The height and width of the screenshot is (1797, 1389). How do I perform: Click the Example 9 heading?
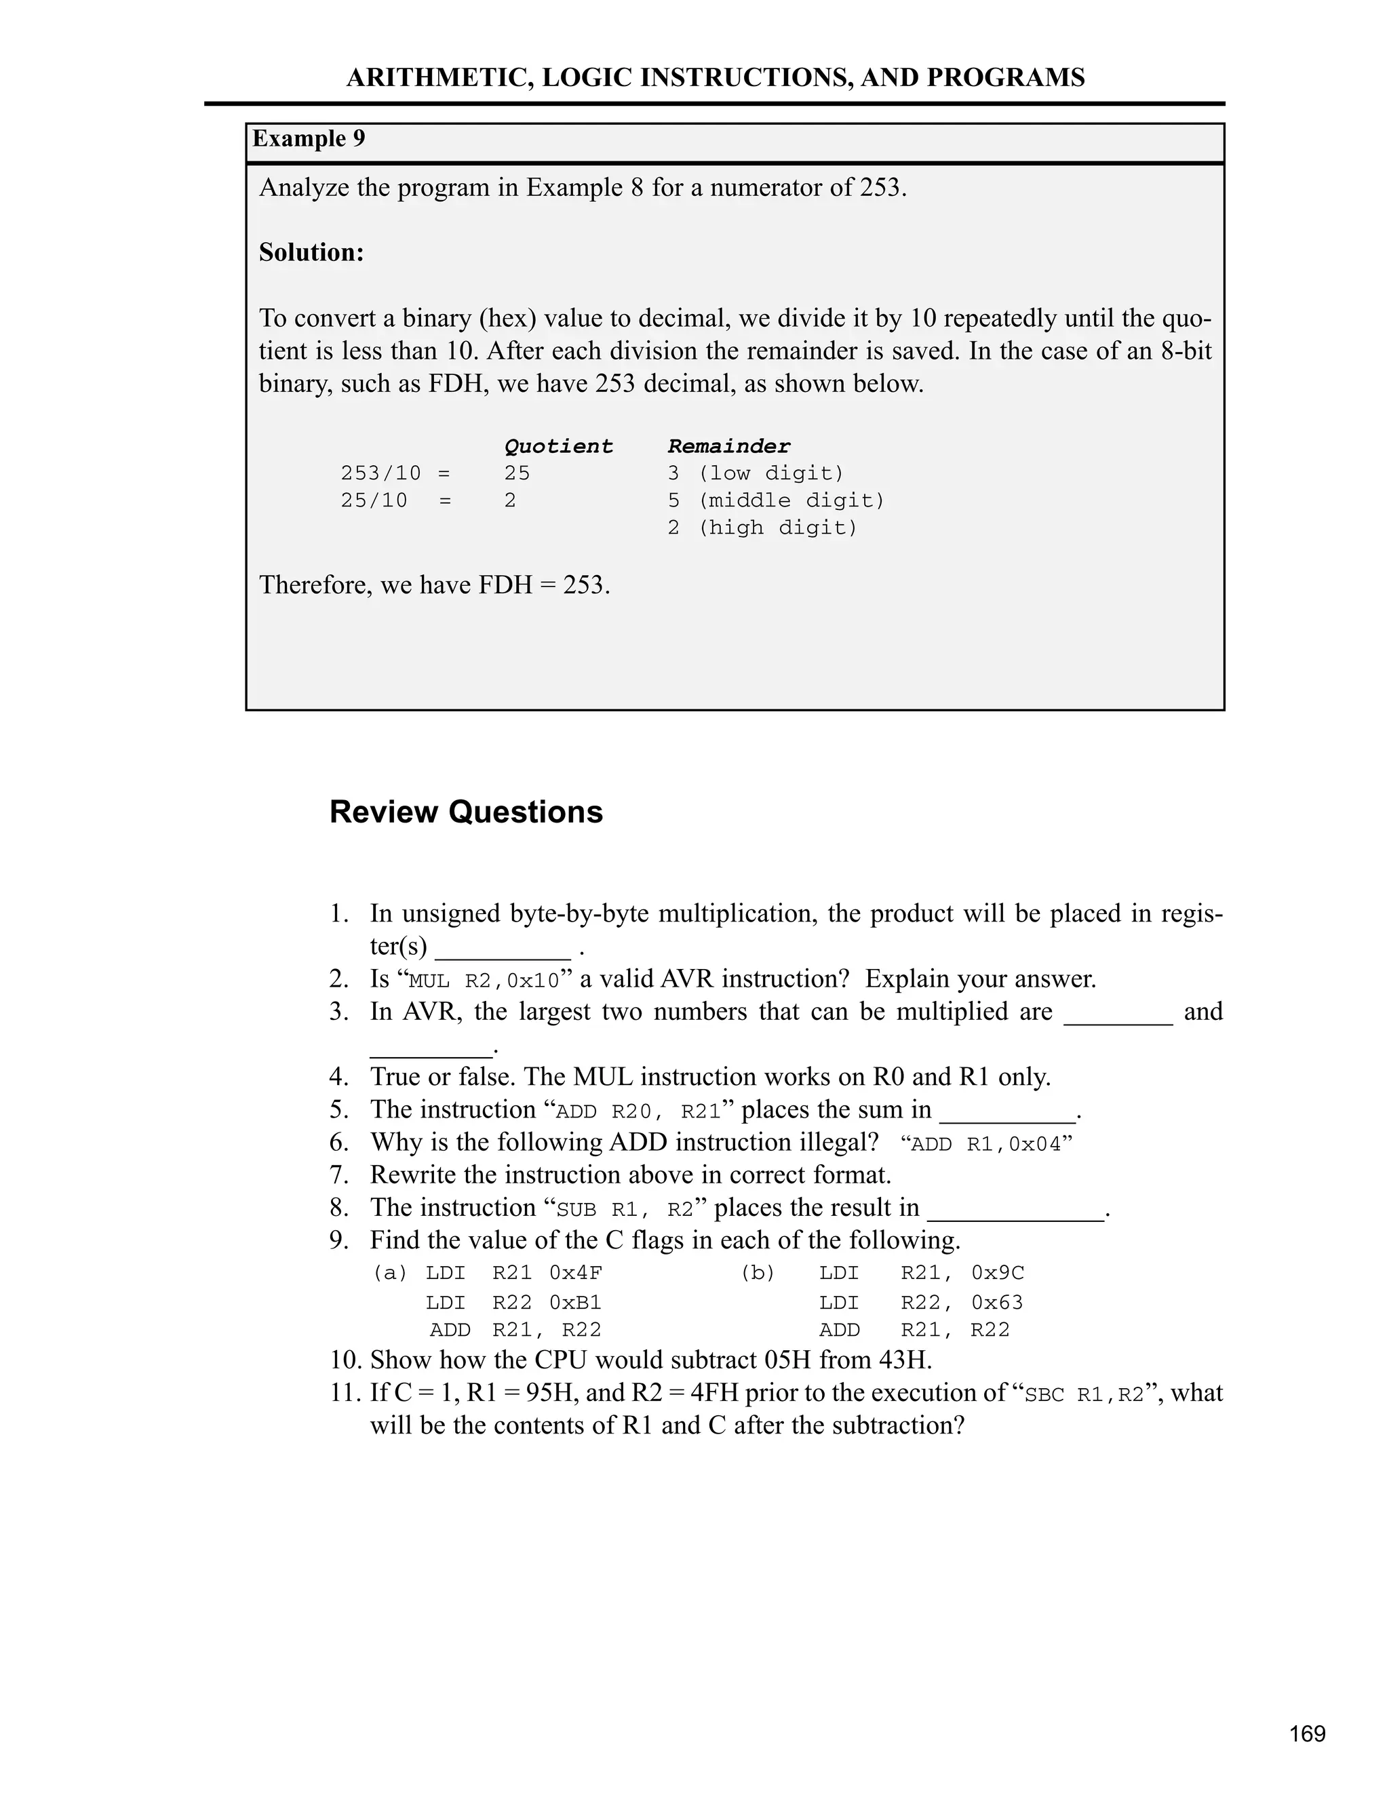(309, 138)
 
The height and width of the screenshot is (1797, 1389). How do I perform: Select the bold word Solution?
(311, 252)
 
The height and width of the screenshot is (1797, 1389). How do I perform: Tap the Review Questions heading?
(466, 811)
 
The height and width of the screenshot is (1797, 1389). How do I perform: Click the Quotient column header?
(558, 446)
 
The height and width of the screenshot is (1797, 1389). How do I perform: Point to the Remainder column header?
(728, 446)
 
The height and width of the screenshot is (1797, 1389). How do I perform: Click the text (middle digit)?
(791, 500)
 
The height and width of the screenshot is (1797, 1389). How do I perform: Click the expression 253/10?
(380, 473)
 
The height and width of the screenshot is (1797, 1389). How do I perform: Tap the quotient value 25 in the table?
(517, 473)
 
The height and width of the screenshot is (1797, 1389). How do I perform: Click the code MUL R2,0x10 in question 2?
(484, 981)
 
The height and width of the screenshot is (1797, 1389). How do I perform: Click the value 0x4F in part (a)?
(575, 1273)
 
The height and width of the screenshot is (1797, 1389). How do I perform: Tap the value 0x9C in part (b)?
(997, 1273)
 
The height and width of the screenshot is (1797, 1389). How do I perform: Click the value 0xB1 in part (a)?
(575, 1303)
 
